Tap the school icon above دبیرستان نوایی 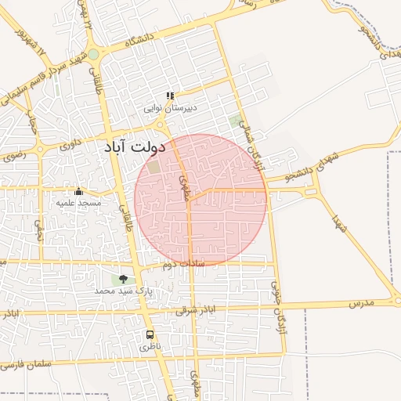(x=170, y=96)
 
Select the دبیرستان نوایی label (x=170, y=107)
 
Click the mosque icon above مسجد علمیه (x=78, y=192)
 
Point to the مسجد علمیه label (x=78, y=203)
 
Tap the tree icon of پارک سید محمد (x=123, y=279)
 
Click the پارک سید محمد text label (x=122, y=290)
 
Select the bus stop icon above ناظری (x=150, y=334)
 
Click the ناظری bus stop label (x=150, y=345)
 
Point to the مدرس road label (x=362, y=302)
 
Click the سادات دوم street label (x=183, y=265)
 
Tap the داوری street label (x=70, y=144)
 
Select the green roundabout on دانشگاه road (x=93, y=54)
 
